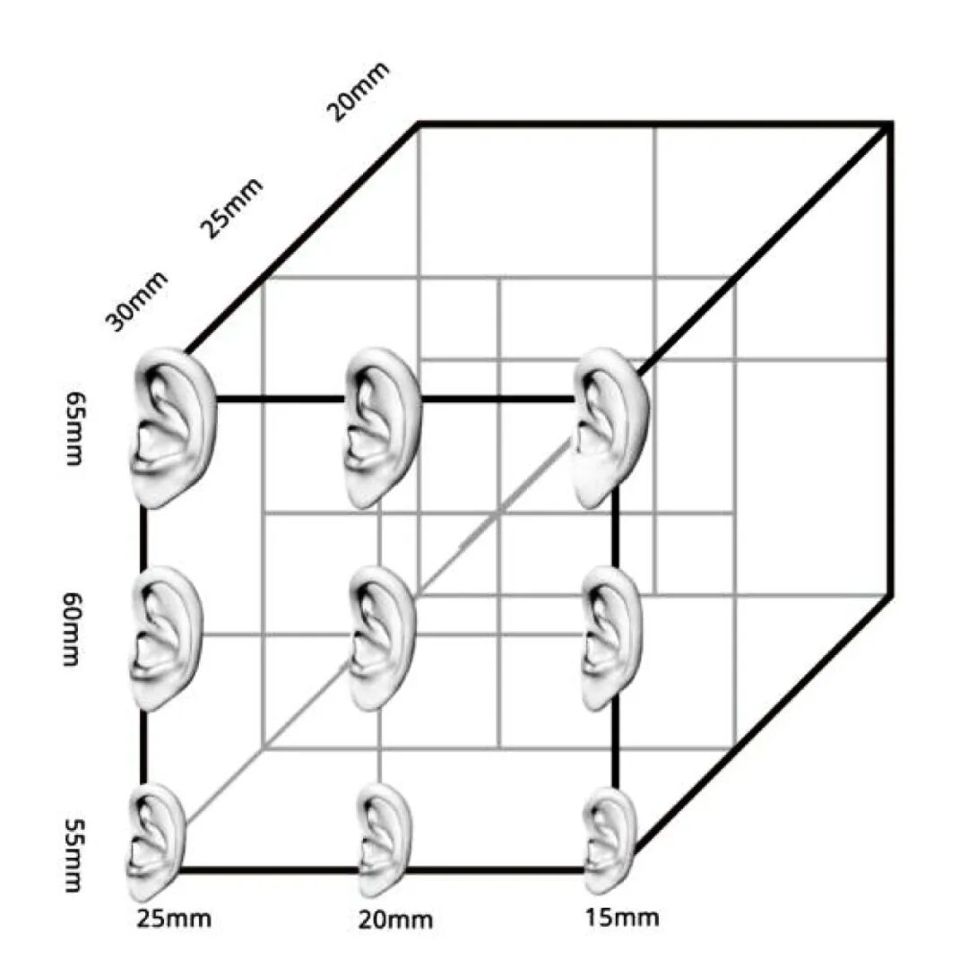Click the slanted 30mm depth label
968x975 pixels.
(x=137, y=300)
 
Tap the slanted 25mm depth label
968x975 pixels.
(x=230, y=208)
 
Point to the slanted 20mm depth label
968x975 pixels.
(x=358, y=91)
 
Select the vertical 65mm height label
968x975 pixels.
(x=73, y=427)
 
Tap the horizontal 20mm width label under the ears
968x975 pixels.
(x=395, y=919)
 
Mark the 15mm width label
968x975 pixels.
(x=621, y=917)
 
